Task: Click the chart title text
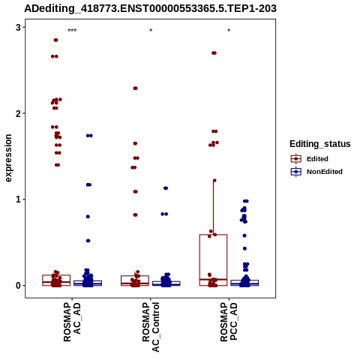point(150,9)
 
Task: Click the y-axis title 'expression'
point(8,158)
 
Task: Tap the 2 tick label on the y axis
point(18,113)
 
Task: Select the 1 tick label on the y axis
point(18,199)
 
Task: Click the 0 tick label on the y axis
point(18,286)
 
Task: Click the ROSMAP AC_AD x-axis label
point(72,322)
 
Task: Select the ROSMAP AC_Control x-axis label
point(151,327)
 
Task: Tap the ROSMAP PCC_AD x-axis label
point(229,322)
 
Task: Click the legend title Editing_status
point(320,144)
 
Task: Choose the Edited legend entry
point(310,159)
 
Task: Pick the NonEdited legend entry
point(316,172)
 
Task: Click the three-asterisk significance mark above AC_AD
point(72,31)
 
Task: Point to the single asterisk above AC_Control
point(151,31)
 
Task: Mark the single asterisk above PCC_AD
point(229,31)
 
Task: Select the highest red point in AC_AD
point(55,40)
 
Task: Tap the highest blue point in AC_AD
point(89,136)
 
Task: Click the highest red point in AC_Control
point(135,88)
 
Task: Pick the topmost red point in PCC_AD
point(214,53)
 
